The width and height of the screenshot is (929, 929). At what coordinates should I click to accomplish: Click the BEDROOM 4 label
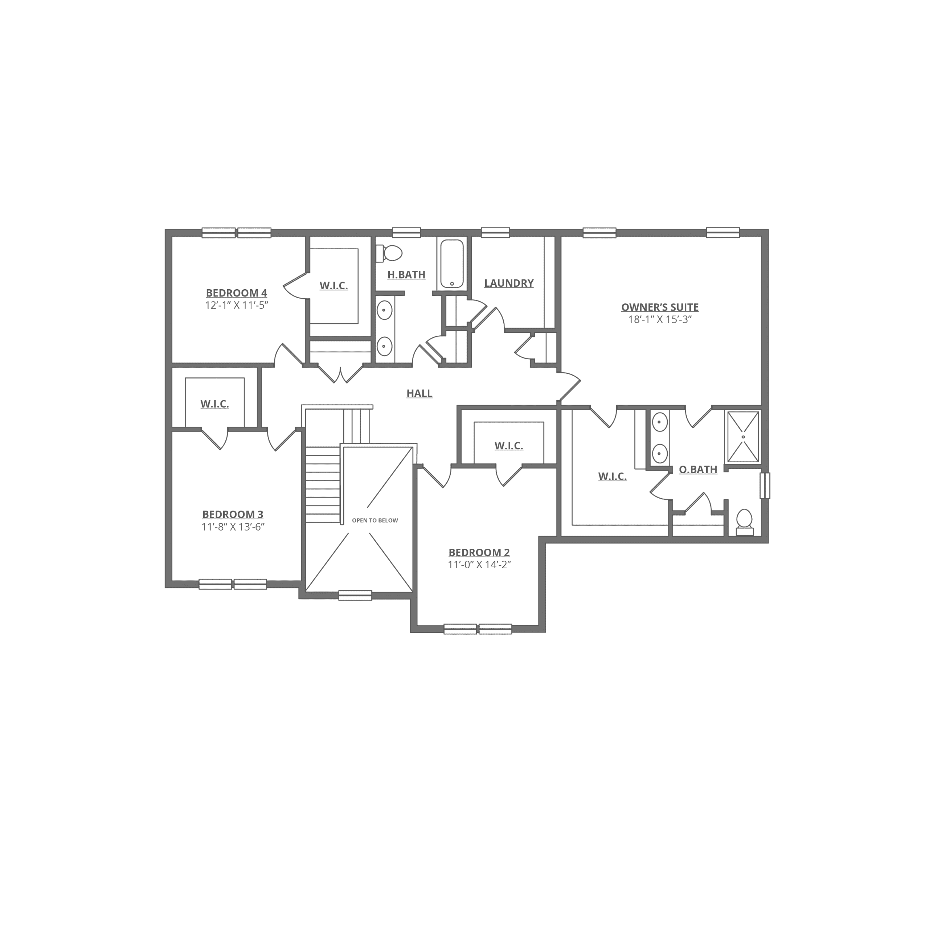[x=237, y=293]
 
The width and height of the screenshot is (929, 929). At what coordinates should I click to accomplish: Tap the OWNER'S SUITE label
[x=660, y=307]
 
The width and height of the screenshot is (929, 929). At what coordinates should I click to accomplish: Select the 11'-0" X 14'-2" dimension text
[x=479, y=565]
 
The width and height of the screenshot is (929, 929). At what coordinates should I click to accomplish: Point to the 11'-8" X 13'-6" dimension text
[x=233, y=527]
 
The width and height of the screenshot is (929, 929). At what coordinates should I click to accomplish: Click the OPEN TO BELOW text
[x=375, y=520]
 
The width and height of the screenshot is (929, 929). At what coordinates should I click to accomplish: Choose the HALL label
[x=419, y=393]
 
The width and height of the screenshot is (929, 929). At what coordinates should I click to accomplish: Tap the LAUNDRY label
[x=509, y=283]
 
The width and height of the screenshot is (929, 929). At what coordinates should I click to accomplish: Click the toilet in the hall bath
[x=389, y=253]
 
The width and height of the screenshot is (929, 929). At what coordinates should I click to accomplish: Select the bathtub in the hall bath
[x=452, y=263]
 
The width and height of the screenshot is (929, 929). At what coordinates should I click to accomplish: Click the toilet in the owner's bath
[x=744, y=522]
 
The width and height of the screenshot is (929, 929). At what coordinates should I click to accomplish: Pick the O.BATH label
[x=698, y=469]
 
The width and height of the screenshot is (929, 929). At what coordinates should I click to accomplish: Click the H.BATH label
[x=406, y=275]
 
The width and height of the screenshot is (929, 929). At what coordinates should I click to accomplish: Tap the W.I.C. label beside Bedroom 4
[x=334, y=286]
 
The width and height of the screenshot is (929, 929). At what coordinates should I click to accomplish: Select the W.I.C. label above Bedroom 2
[x=509, y=446]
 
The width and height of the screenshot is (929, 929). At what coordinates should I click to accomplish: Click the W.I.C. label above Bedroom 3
[x=214, y=404]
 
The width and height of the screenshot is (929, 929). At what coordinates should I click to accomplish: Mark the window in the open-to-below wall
[x=355, y=595]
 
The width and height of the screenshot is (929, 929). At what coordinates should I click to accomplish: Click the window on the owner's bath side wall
[x=765, y=486]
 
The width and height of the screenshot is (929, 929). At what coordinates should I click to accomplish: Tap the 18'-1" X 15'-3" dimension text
[x=660, y=319]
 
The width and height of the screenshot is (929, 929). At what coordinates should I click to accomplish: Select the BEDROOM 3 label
[x=233, y=515]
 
